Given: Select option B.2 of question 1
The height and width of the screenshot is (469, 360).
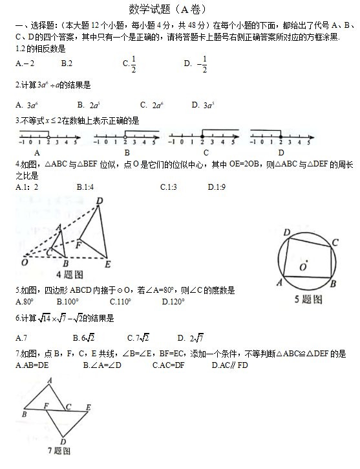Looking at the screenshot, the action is tap(66, 63).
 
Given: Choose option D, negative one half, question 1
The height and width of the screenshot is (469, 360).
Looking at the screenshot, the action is tap(197, 63).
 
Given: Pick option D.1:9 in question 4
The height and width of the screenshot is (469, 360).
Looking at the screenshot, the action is tap(217, 187).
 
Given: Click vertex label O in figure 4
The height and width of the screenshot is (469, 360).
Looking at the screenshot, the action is tap(25, 263).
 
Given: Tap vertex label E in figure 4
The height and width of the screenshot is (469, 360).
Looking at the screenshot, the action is tap(107, 264).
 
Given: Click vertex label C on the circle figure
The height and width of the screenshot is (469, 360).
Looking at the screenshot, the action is tap(335, 243).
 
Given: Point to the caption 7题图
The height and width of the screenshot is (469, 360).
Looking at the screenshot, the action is tap(59, 450).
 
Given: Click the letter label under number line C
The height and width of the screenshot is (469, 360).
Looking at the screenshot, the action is tap(206, 153).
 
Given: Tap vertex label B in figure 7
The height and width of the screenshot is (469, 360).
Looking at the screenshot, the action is tap(24, 413).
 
